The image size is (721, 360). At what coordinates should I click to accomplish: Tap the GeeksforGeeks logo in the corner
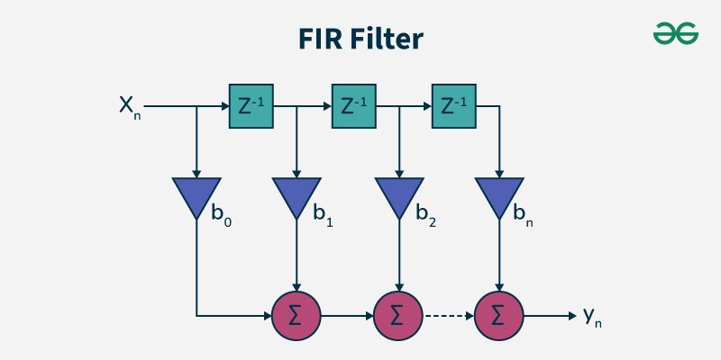676,33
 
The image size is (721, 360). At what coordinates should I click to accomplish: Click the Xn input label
130,106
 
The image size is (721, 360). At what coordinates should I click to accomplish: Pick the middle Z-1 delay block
353,106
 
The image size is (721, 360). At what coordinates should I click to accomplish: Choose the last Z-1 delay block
453,106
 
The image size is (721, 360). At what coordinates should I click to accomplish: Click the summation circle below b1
296,316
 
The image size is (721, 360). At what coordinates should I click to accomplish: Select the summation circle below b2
397,316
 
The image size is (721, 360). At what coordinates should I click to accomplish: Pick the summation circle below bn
498,316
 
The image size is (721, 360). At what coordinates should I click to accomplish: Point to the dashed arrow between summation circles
448,316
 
